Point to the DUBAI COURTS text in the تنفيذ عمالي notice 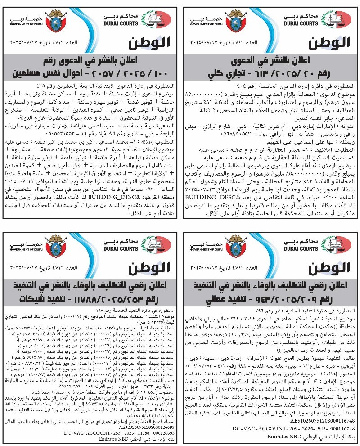click(301, 249)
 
